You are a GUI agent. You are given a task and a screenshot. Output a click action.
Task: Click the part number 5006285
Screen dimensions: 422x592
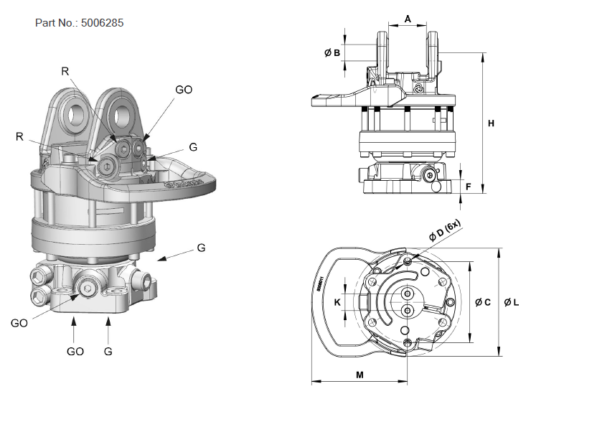103,23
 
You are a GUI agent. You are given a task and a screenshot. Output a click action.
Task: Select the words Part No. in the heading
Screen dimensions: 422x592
56,23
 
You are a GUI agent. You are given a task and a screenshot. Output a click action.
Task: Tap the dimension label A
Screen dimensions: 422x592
408,19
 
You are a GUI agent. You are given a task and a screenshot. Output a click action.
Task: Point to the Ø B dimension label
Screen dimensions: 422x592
331,52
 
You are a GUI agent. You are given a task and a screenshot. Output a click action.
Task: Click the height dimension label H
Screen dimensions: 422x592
491,123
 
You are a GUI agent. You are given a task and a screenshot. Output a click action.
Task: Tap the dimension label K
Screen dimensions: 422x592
337,302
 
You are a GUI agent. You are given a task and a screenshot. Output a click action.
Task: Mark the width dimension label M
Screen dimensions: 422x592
359,375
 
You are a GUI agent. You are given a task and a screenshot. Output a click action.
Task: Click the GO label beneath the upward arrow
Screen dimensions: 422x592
75,352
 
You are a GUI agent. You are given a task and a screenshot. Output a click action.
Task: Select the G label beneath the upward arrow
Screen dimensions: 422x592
108,352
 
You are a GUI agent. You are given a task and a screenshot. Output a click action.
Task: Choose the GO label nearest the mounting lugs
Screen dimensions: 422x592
184,90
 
